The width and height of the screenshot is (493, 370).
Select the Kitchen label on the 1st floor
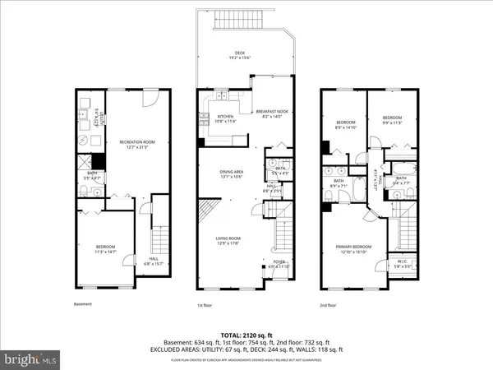pyautogui.click(x=225, y=116)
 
